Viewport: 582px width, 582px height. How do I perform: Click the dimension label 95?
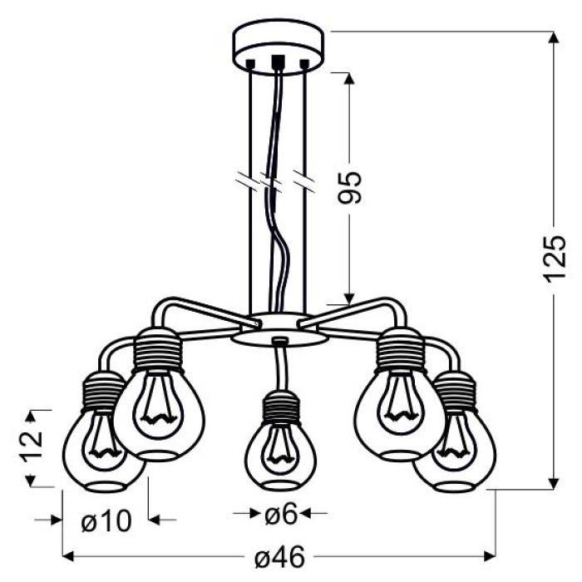349,188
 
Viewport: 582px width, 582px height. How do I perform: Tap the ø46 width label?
280,557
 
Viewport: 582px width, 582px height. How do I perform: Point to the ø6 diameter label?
281,514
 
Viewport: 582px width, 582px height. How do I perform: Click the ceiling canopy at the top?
278,48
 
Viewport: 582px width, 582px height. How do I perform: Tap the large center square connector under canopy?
278,62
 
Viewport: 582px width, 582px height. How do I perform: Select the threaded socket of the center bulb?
281,408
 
